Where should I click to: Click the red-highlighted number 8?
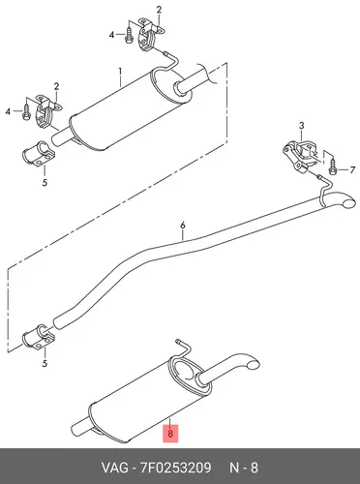pos(170,434)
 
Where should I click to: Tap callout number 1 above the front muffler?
pos(120,71)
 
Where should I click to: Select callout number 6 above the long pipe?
pos(183,225)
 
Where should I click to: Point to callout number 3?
pos(301,126)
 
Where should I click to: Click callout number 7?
pos(352,170)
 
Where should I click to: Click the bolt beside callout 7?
pos(333,167)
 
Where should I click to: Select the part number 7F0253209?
pos(176,468)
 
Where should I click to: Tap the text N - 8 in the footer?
pos(244,468)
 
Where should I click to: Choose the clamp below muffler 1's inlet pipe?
pos(39,154)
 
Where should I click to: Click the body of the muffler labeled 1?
pos(129,108)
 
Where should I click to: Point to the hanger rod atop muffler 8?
pos(181,350)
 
